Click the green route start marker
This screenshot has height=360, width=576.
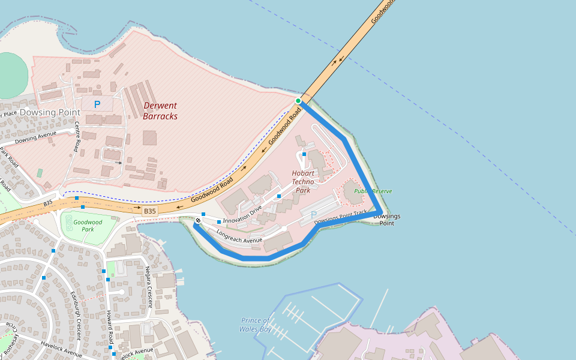[x=298, y=101]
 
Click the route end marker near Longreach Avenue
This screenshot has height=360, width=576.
[x=197, y=221]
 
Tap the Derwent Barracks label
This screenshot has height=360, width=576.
[x=160, y=111]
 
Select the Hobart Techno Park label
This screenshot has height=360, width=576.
[x=303, y=182]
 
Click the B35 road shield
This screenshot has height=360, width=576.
[x=150, y=211]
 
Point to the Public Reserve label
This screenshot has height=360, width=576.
[x=373, y=191]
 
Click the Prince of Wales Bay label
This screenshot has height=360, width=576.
[x=256, y=325]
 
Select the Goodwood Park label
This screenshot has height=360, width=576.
[x=88, y=226]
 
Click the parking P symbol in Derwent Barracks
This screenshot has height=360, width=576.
[x=97, y=104]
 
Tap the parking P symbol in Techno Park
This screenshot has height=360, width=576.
[x=313, y=215]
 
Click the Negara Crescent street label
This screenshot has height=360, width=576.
[x=150, y=287]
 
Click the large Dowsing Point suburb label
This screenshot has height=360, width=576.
[x=50, y=112]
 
